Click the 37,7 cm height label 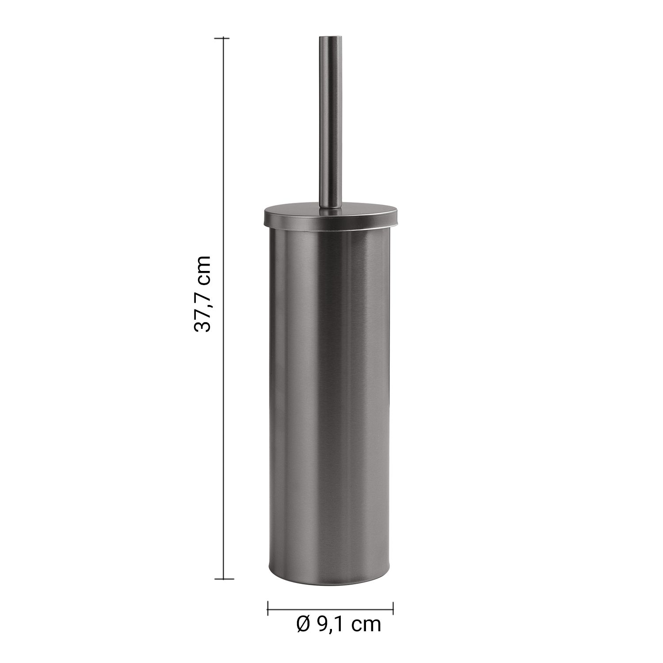tap(203, 293)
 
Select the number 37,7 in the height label tap(203, 309)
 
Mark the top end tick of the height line tap(222, 39)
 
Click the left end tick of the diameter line tap(268, 608)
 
